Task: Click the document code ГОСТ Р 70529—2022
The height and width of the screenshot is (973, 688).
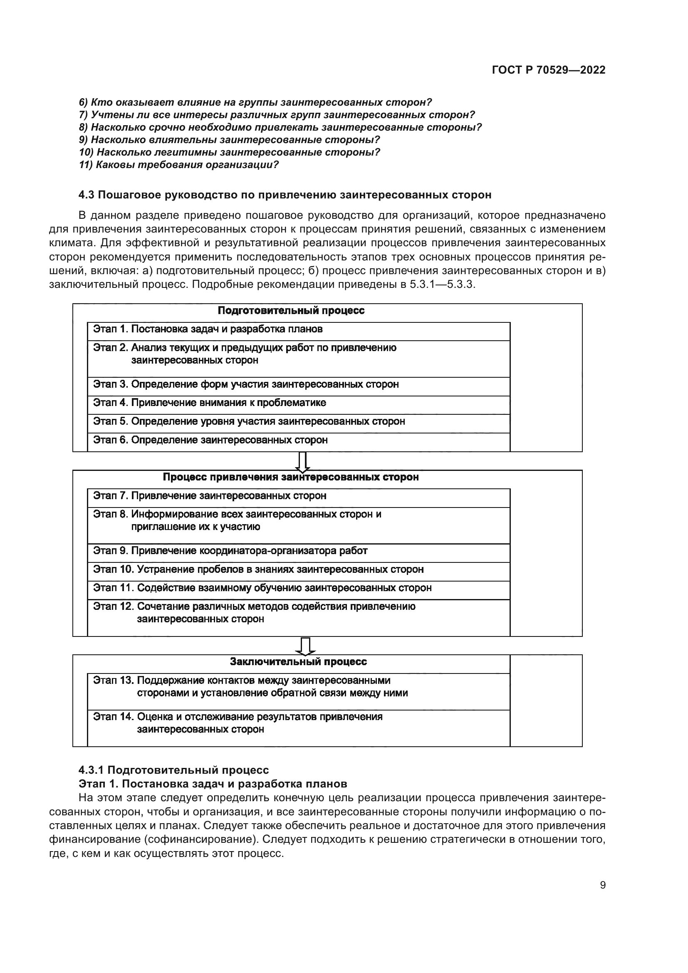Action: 548,70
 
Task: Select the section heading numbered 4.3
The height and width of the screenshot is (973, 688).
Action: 285,195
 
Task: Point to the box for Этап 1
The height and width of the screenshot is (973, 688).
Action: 298,329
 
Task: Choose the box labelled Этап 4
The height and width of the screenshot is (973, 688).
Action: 298,403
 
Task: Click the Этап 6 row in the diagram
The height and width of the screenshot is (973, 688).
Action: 298,440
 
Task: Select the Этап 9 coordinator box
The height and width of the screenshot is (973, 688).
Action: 298,551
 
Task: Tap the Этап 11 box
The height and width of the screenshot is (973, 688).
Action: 298,588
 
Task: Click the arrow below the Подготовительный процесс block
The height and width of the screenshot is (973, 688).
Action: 302,461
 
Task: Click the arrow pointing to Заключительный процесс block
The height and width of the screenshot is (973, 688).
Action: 305,646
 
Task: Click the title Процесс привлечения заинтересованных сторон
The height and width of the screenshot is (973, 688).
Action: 291,477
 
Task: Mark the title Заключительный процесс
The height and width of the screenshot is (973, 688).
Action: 298,662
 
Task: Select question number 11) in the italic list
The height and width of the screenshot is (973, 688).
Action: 179,165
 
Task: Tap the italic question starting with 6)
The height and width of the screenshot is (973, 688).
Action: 255,102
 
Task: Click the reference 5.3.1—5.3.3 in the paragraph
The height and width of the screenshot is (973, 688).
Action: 442,284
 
